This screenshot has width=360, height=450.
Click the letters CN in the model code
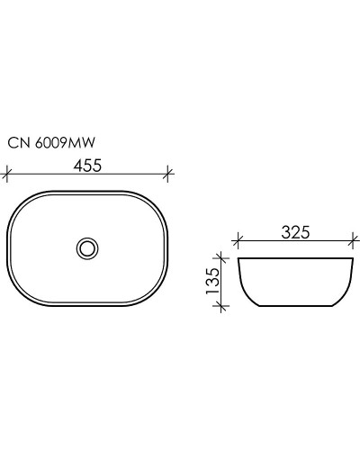click(x=16, y=141)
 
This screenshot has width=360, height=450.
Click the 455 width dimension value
click(x=88, y=165)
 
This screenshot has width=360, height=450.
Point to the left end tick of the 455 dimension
click(x=8, y=172)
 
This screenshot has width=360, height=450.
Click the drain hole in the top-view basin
click(x=88, y=246)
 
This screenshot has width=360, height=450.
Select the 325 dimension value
click(x=295, y=232)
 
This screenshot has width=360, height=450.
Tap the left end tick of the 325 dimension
click(x=238, y=241)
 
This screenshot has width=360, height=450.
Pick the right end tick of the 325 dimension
click(x=352, y=241)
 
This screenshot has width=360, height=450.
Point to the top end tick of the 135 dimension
click(x=218, y=259)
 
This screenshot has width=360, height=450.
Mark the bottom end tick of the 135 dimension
click(x=218, y=306)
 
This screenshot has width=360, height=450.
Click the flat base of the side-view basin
click(x=295, y=306)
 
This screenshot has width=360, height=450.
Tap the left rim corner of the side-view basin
click(x=238, y=260)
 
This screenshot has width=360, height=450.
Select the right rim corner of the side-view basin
click(x=352, y=260)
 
